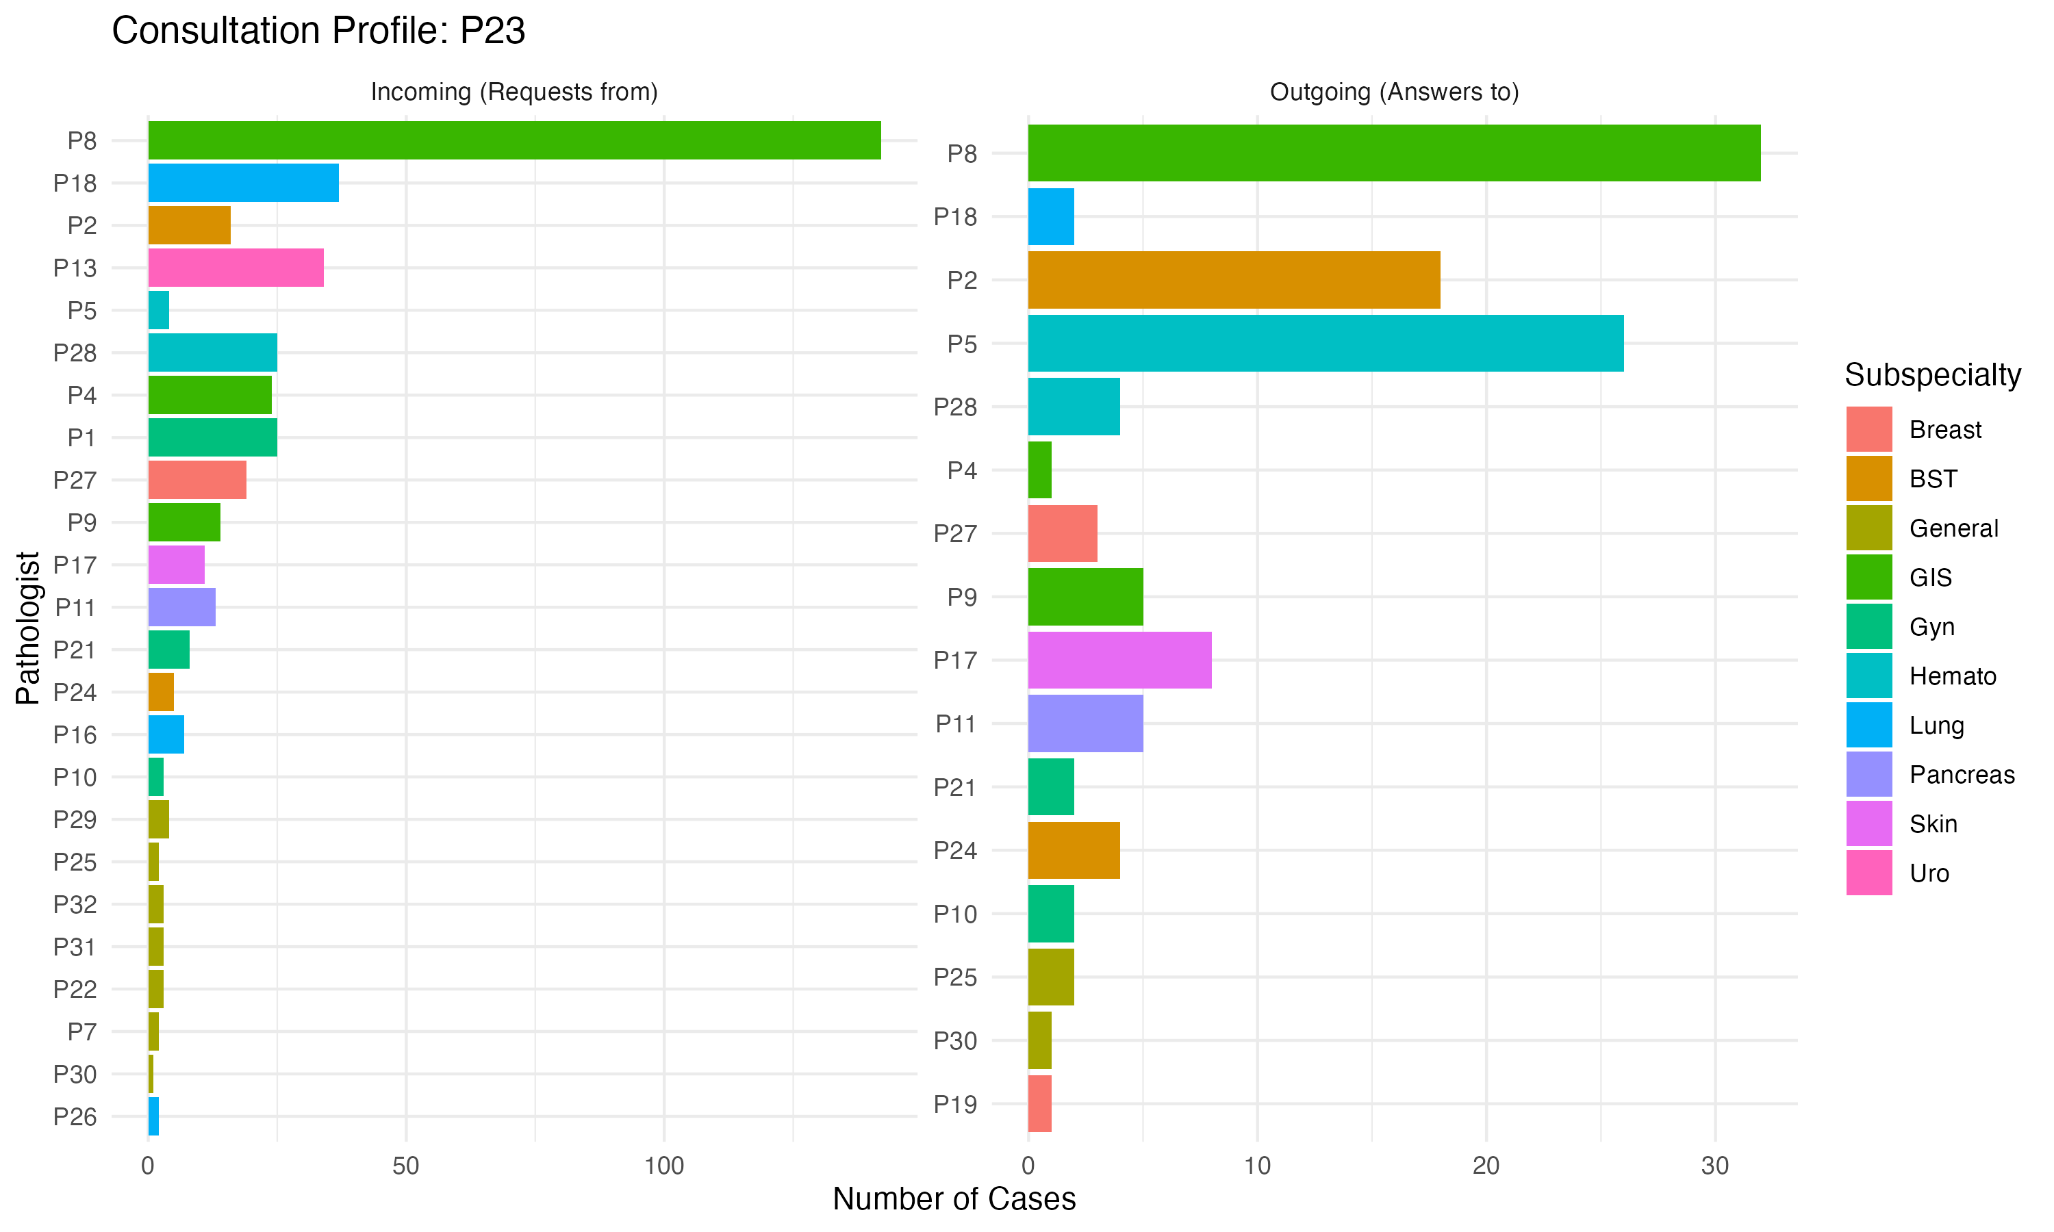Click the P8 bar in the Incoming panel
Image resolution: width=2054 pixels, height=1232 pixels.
[515, 140]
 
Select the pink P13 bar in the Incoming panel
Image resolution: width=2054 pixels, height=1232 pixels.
[236, 268]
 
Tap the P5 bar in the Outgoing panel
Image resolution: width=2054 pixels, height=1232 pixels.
[1326, 343]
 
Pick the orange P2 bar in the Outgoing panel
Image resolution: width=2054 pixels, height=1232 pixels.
[1234, 280]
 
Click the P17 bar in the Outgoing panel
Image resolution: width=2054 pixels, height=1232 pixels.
[1120, 660]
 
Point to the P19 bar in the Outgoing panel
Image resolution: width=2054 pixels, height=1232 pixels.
[1040, 1103]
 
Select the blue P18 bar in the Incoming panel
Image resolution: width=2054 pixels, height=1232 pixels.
[243, 183]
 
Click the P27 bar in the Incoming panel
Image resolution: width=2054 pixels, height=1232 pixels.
[198, 480]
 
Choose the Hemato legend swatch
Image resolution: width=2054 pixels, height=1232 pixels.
[1869, 676]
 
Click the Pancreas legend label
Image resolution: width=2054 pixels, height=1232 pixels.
[1962, 775]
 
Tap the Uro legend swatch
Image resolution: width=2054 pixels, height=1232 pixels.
[1869, 873]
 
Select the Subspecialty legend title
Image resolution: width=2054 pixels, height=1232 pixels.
[1933, 375]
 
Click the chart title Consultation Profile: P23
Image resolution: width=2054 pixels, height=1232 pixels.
[319, 31]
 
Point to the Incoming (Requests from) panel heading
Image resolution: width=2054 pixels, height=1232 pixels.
[514, 91]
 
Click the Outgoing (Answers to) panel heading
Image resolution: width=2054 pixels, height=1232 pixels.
[1395, 91]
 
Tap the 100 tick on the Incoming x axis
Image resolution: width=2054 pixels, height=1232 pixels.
[664, 1166]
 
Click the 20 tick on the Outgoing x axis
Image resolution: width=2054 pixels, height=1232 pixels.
[1486, 1166]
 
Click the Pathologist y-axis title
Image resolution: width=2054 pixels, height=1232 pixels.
[27, 628]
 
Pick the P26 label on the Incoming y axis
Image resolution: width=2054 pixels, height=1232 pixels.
[75, 1116]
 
